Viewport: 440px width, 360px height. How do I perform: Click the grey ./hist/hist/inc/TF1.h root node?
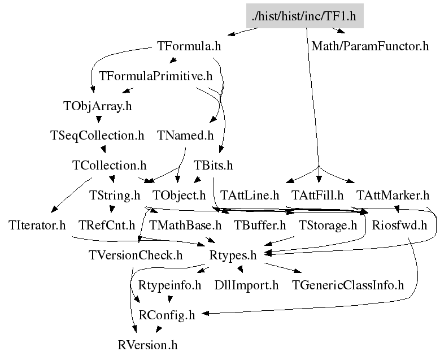click(304, 15)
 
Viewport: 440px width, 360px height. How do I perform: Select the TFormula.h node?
click(188, 46)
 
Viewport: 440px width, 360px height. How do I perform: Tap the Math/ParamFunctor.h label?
click(370, 46)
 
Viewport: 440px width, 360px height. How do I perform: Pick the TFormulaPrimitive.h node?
click(155, 76)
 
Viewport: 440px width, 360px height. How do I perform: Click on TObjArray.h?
click(97, 106)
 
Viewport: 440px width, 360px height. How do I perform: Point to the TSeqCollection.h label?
click(97, 136)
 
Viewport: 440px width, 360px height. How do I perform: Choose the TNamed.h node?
click(185, 136)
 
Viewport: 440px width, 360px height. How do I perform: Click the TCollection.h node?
click(110, 166)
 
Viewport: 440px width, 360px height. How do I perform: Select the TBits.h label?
click(213, 166)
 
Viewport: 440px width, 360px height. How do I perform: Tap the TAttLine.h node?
click(250, 196)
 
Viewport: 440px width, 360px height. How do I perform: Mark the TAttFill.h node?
click(317, 196)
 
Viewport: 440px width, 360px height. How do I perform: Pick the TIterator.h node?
click(37, 225)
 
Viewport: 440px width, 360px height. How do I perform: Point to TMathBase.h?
click(185, 225)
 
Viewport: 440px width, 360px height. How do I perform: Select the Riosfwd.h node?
click(399, 225)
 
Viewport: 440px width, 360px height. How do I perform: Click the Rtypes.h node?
click(233, 255)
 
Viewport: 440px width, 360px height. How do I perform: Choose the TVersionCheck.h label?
click(136, 255)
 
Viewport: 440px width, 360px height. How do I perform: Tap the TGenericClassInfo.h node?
click(348, 285)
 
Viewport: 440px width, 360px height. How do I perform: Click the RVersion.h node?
click(148, 345)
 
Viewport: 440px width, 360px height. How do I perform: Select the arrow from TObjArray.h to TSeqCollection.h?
click(99, 120)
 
